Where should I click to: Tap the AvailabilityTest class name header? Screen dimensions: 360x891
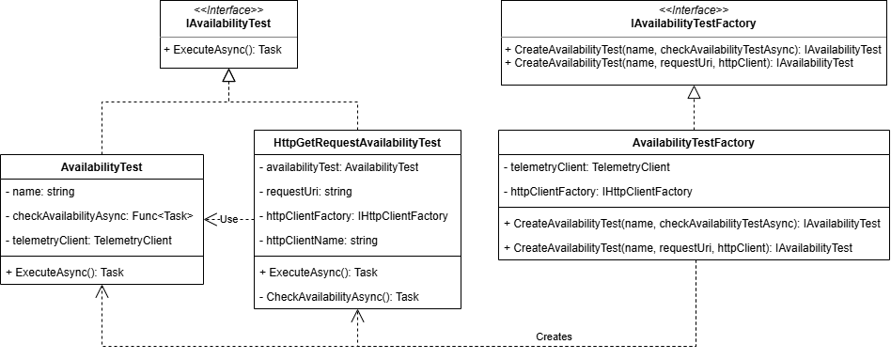101,166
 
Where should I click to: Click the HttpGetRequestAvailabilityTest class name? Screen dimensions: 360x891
356,143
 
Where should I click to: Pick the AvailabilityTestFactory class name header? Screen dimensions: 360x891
693,143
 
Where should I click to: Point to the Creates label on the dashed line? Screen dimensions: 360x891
554,336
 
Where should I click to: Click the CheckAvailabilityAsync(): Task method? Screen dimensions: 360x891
338,296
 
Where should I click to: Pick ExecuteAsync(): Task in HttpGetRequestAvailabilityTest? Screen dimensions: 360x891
319,272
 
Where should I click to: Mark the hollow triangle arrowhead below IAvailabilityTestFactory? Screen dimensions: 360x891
694,92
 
